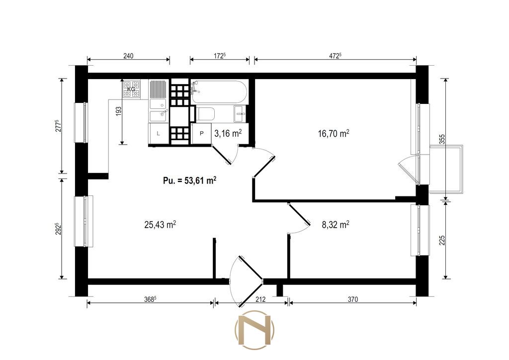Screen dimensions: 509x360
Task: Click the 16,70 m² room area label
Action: pyautogui.click(x=334, y=133)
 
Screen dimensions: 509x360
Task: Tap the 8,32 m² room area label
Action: pyautogui.click(x=336, y=224)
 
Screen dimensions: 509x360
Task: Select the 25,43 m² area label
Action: pyautogui.click(x=160, y=224)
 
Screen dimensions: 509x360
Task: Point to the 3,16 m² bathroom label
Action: pyautogui.click(x=228, y=133)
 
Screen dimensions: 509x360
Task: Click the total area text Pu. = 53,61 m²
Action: pyautogui.click(x=189, y=180)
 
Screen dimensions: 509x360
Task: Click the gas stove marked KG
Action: pyautogui.click(x=131, y=89)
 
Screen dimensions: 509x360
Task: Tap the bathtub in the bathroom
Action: pyautogui.click(x=219, y=92)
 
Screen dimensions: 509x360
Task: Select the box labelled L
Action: pyautogui.click(x=159, y=133)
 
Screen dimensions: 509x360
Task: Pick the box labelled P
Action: pyautogui.click(x=202, y=133)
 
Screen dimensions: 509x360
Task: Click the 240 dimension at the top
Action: pyautogui.click(x=128, y=56)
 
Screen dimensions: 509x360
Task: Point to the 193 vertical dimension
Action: pyautogui.click(x=118, y=111)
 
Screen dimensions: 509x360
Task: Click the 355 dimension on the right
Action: pyautogui.click(x=441, y=140)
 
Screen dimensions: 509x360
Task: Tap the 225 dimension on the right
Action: pyautogui.click(x=441, y=240)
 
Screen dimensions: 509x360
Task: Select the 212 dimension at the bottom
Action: pyautogui.click(x=260, y=299)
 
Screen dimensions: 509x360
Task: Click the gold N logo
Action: pyautogui.click(x=254, y=330)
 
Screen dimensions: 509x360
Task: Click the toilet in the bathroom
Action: pyautogui.click(x=204, y=114)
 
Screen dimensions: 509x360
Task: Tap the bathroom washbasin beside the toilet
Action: pyautogui.click(x=241, y=114)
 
